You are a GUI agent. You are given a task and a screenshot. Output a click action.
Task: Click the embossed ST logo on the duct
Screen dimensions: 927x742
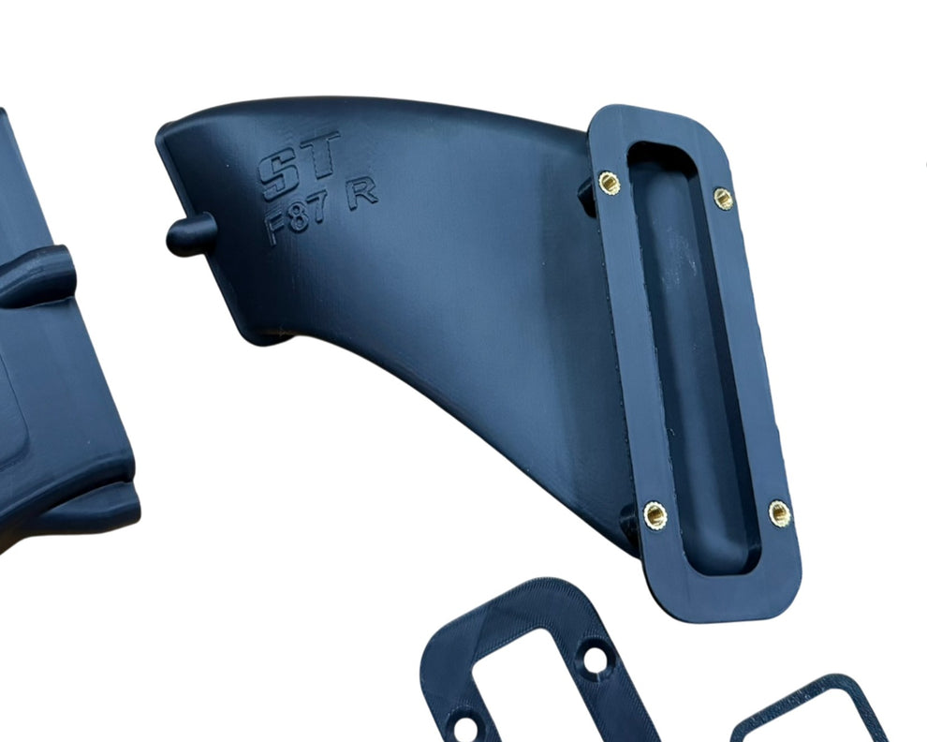pos(299,165)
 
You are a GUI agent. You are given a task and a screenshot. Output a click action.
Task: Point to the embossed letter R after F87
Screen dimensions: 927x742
pos(361,194)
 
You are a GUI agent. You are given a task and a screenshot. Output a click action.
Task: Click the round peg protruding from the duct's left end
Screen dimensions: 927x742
pos(190,234)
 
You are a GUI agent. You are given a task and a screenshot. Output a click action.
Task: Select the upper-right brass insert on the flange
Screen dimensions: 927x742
pos(723,199)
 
